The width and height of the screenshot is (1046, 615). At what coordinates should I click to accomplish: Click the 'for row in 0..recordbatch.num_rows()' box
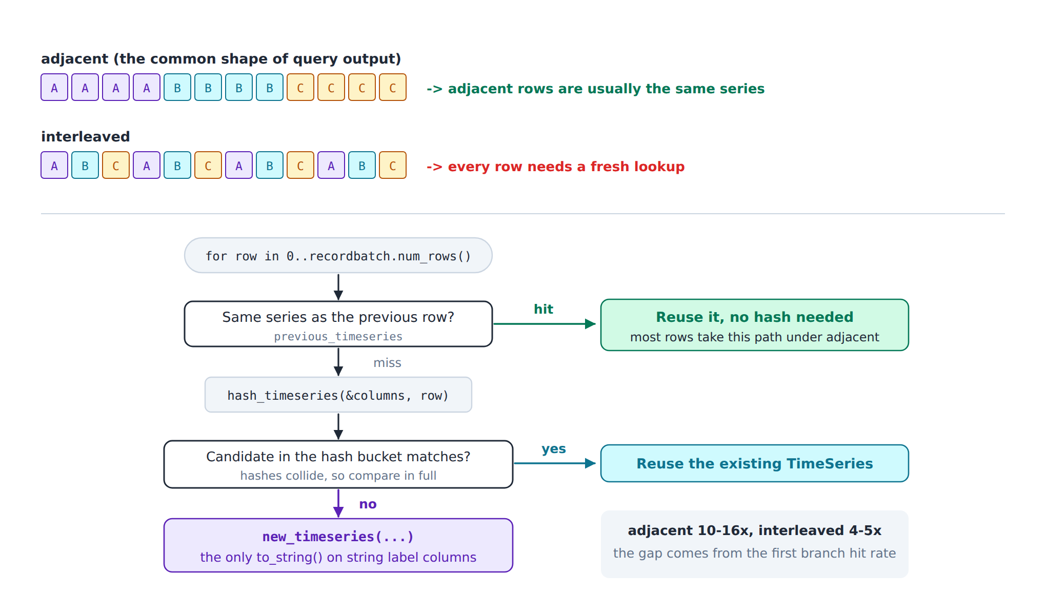338,255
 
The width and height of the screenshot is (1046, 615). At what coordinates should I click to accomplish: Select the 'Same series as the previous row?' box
338,324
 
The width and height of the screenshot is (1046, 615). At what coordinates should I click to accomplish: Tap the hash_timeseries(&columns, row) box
338,395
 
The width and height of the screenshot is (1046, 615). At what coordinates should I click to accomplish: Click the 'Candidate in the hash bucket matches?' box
338,464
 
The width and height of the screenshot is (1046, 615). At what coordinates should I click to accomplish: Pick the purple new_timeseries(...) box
338,545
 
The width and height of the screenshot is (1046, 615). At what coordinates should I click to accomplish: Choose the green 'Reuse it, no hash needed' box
755,325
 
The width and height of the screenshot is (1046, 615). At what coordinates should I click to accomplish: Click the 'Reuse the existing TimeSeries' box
755,463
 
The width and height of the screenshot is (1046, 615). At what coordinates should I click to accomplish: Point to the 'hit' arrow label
544,309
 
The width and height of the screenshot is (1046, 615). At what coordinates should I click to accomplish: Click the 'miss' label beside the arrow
387,363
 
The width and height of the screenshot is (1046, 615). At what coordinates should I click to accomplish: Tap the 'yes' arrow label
554,449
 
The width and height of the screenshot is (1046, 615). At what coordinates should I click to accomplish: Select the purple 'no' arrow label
368,504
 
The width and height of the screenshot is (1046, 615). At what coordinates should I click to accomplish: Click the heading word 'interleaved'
86,136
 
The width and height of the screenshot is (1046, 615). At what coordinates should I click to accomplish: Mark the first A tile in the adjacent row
54,87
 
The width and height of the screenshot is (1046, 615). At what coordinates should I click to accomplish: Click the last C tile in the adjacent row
393,87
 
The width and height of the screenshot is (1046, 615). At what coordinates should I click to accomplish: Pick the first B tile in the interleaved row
85,165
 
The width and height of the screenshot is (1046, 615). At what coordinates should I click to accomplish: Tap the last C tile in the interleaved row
393,165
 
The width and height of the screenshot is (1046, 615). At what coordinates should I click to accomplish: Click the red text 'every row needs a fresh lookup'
566,167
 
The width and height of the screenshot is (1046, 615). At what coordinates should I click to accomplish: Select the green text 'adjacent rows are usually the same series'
606,89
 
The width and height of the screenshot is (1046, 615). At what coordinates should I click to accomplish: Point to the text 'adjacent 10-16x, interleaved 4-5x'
755,530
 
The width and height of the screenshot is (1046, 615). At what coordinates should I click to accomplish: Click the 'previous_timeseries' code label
338,337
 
